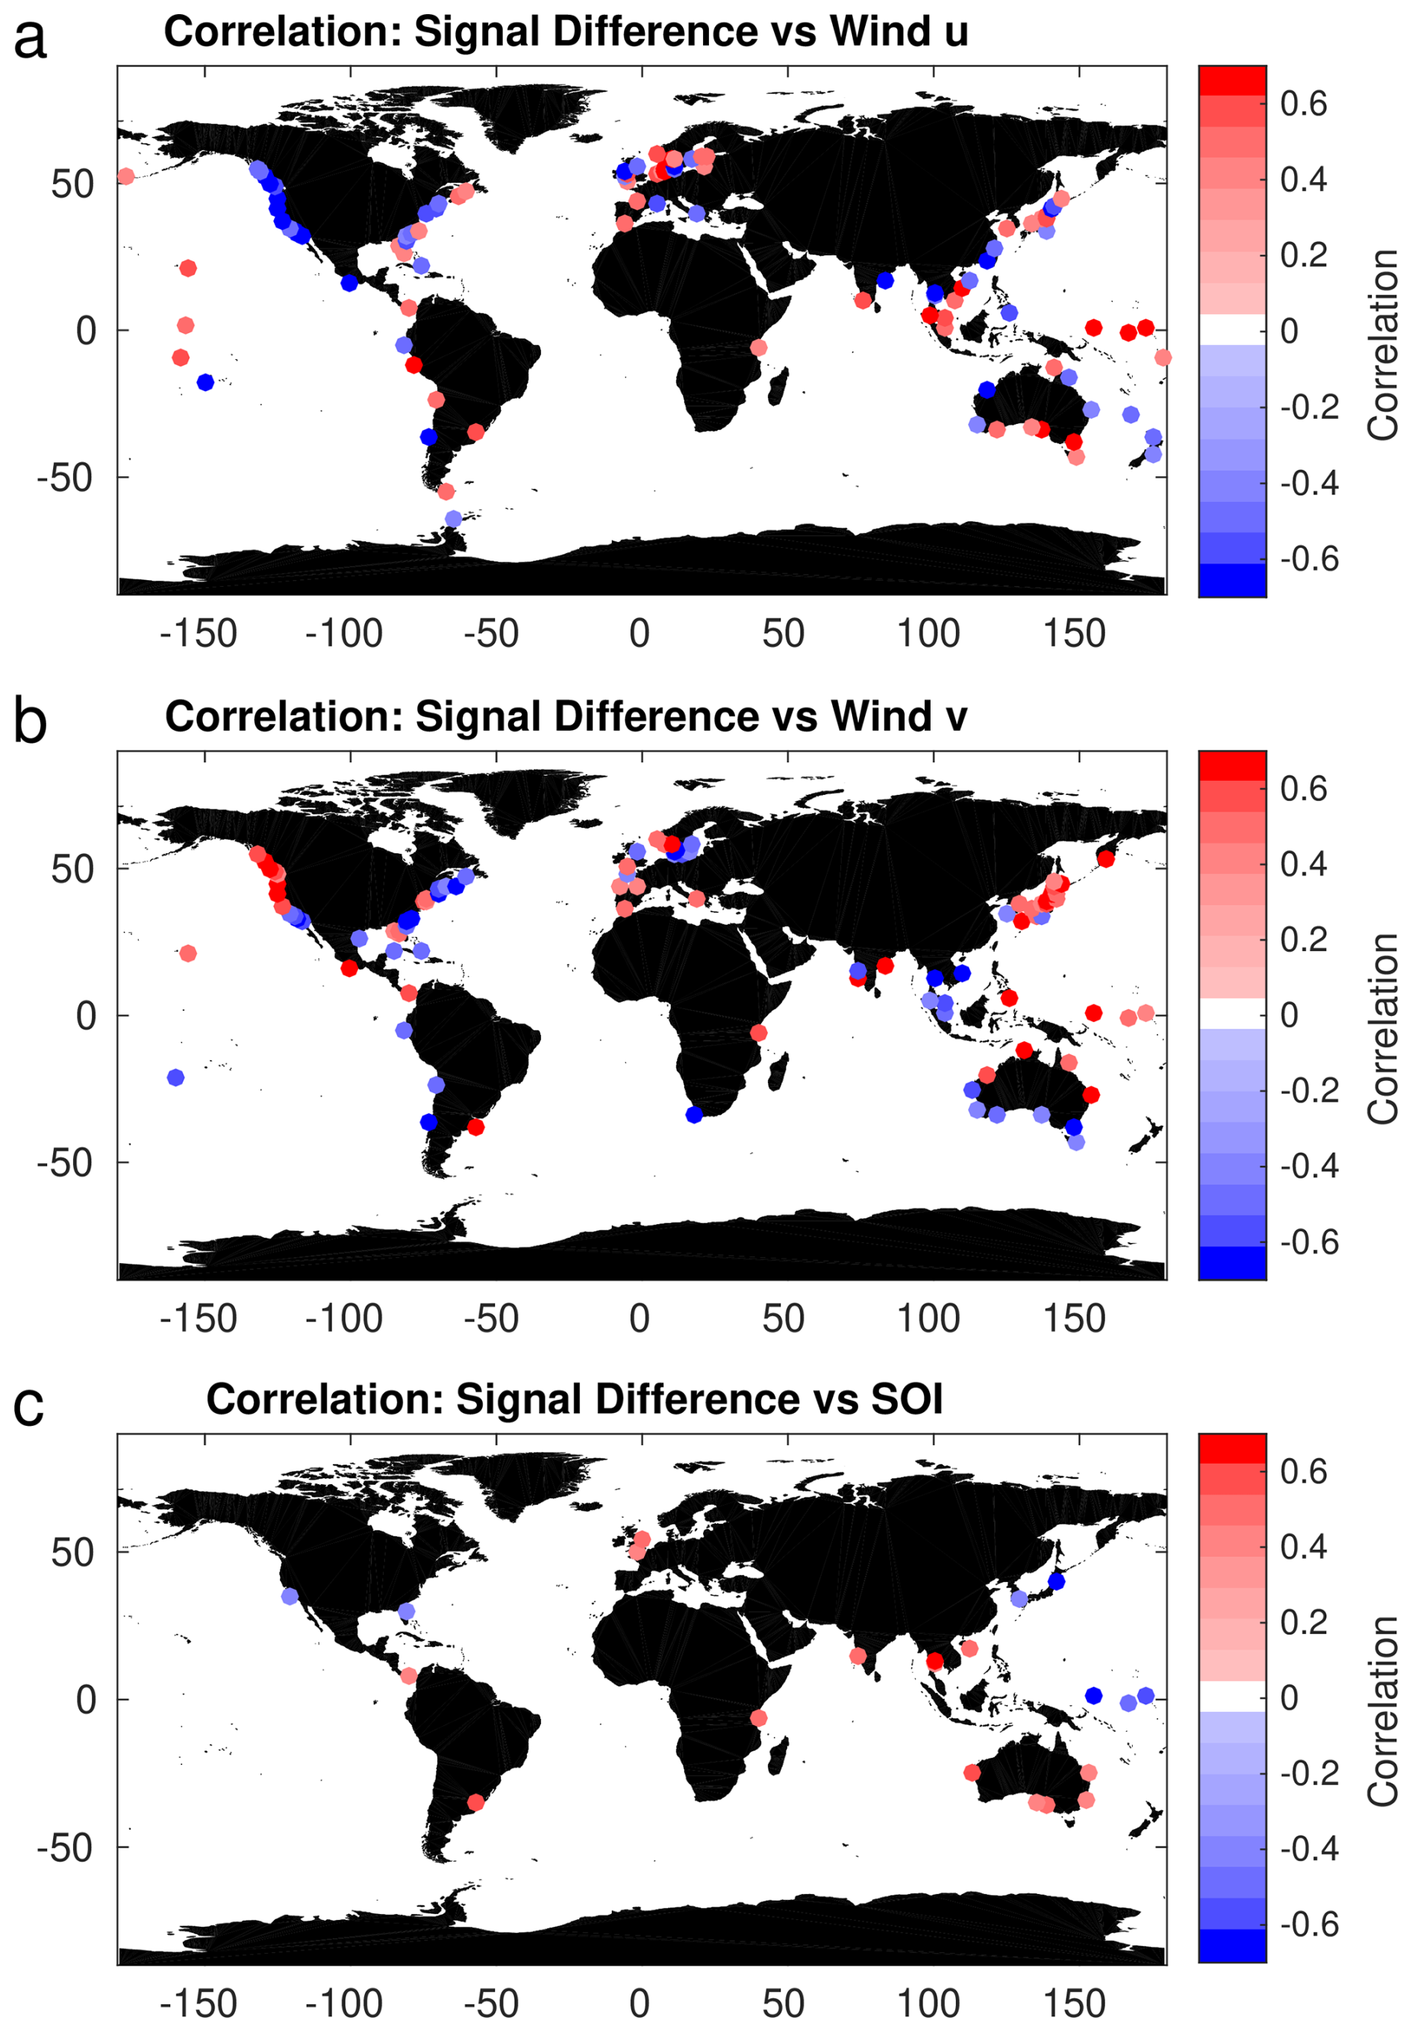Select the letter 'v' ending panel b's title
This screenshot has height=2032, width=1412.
pyautogui.click(x=956, y=720)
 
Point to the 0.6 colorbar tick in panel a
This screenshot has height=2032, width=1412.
pyautogui.click(x=1303, y=104)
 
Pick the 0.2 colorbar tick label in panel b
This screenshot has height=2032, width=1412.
pyautogui.click(x=1303, y=939)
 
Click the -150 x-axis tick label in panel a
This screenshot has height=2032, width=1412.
pyautogui.click(x=199, y=634)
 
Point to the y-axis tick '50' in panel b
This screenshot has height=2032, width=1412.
pyautogui.click(x=72, y=870)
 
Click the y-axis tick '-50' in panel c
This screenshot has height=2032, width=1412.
pyautogui.click(x=65, y=1848)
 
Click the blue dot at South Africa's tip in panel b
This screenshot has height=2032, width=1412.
pyautogui.click(x=693, y=1115)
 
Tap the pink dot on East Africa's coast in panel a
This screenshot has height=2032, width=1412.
pyautogui.click(x=758, y=348)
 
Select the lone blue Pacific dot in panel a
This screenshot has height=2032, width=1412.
pyautogui.click(x=205, y=382)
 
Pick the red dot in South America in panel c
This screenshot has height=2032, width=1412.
pyautogui.click(x=475, y=1802)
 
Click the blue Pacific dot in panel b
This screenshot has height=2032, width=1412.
pyautogui.click(x=175, y=1077)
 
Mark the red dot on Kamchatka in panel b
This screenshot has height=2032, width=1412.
pyautogui.click(x=1106, y=858)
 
